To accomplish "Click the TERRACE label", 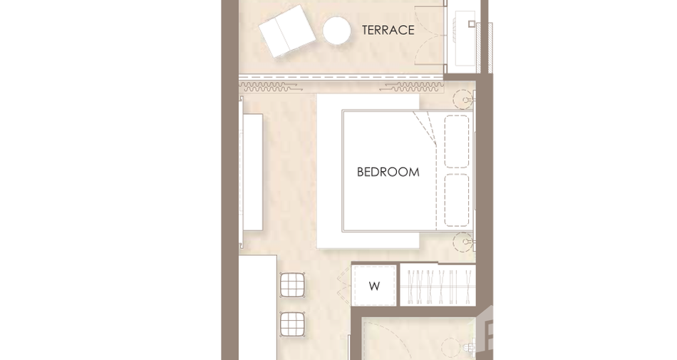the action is pos(388,30).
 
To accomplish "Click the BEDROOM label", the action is pos(388,172).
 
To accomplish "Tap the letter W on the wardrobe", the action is pos(374,286).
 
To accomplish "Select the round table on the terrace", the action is pos(337,30).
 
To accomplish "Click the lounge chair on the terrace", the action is pos(287,31).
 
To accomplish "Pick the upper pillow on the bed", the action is pos(456,141).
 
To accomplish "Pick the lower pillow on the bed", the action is pos(456,200).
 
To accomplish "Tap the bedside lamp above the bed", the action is pos(464,100).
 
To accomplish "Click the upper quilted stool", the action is pos(292,284).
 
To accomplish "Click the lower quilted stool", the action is pos(292,324).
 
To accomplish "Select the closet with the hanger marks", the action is pos(438,285).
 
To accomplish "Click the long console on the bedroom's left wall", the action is pos(252,173).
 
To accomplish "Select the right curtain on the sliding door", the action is pos(411,87).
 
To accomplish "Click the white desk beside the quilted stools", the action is pos(258,307).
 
